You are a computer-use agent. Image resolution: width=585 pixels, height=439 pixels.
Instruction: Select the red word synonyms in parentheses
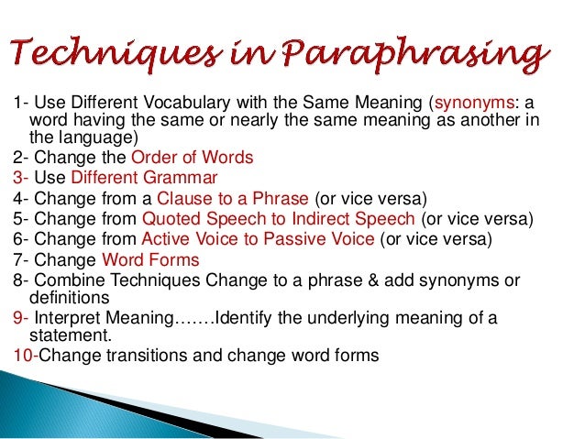pos(478,103)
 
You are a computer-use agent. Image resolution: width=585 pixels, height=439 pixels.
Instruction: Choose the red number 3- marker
pos(21,177)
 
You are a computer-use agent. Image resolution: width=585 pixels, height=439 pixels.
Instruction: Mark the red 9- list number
pos(21,318)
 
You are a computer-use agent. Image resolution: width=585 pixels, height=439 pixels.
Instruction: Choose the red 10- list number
pos(26,356)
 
